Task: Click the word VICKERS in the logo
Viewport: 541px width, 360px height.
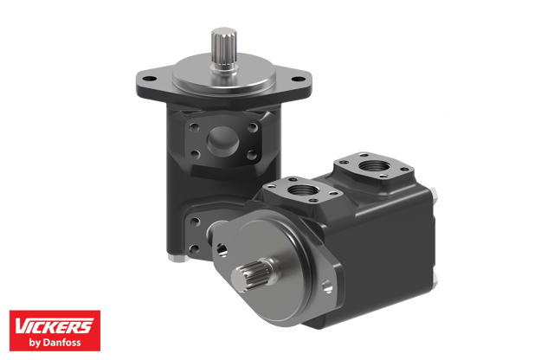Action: [54, 325]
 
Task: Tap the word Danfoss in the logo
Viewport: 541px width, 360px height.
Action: [65, 343]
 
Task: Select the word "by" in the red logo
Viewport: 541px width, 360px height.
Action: [36, 343]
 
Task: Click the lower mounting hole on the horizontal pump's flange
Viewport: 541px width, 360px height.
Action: [326, 287]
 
